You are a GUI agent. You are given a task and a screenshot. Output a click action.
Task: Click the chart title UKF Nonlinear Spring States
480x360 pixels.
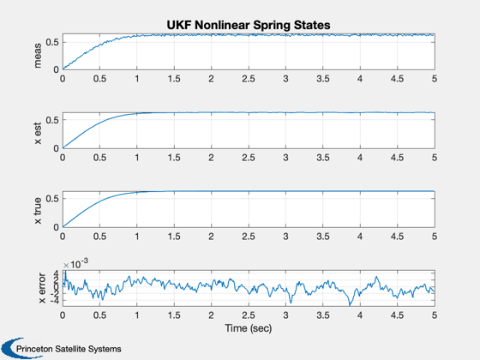249,25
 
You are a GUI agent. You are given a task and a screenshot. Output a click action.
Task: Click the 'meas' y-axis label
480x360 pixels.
38,56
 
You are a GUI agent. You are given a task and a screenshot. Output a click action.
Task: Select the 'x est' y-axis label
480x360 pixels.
38,134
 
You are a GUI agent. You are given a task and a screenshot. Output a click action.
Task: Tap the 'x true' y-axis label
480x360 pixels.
38,211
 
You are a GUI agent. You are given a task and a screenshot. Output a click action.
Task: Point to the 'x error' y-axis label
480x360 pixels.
42,288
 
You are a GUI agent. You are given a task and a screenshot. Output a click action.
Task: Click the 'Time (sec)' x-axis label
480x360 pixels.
249,328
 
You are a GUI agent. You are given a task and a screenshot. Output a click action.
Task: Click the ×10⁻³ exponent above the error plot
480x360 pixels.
75,264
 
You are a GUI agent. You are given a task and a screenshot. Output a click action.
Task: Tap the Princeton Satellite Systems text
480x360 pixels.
69,349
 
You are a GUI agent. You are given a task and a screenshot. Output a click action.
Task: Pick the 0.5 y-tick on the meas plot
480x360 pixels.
52,42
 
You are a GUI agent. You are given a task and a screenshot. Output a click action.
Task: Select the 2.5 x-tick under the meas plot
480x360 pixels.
249,79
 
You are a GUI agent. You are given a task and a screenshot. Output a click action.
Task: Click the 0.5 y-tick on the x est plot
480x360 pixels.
52,120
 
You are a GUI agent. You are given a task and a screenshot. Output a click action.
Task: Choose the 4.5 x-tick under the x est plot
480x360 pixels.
397,158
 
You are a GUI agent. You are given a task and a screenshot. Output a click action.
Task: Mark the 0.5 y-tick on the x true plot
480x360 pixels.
52,198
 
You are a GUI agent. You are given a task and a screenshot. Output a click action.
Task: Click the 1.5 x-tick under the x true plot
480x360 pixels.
174,237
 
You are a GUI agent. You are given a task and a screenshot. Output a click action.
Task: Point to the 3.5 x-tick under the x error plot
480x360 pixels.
322,315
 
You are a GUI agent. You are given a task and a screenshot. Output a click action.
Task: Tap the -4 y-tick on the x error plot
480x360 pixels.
55,301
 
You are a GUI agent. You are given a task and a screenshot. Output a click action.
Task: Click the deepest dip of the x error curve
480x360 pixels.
350,305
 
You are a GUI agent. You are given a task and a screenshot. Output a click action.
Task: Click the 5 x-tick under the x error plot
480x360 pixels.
435,315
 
